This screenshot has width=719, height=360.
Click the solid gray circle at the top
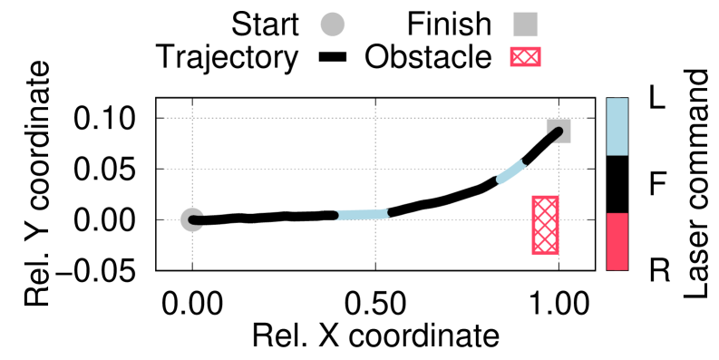point(333,24)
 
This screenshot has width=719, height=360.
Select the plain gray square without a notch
point(525,24)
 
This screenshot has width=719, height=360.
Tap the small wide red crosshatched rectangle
point(525,56)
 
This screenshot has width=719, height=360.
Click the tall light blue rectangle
point(617,126)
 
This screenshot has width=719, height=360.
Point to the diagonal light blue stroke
point(510,171)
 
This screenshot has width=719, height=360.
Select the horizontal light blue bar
point(362,215)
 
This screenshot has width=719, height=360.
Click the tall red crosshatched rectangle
point(545,225)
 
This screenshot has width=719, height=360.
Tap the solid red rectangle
point(617,241)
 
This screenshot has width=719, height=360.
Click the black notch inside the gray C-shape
point(197,219)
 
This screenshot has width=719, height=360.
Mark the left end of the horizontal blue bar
point(338,216)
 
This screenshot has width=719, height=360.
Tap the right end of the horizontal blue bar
point(386,214)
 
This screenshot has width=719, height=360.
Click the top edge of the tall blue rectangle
point(617,99)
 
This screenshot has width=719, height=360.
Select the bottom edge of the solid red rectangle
point(617,269)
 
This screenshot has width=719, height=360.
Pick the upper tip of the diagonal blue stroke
point(522,163)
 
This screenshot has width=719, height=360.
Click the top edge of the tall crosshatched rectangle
point(545,197)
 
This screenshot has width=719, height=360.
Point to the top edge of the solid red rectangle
point(617,214)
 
